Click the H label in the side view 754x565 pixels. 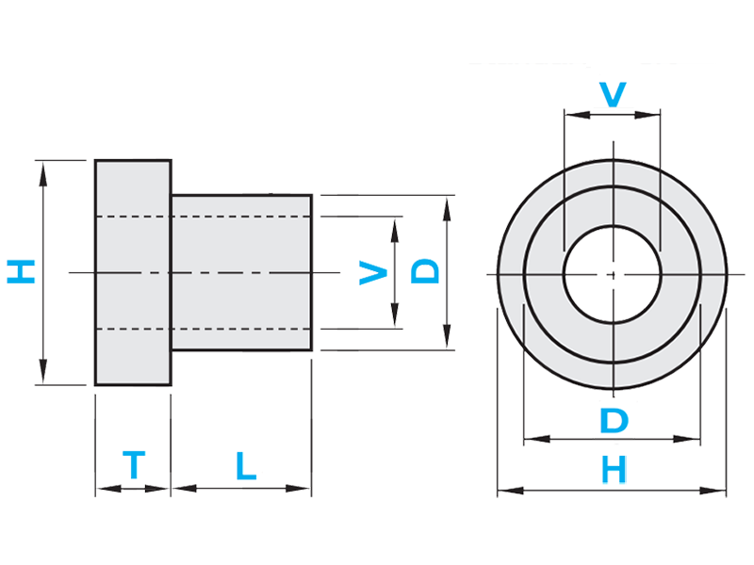[x=21, y=273]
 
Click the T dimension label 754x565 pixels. [x=134, y=464]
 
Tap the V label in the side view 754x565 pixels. [x=373, y=274]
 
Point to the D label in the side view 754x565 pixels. [x=427, y=273]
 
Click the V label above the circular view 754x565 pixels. [x=613, y=93]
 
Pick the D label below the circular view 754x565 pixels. [x=613, y=420]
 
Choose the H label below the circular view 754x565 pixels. [x=614, y=470]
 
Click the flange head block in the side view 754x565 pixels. [x=132, y=273]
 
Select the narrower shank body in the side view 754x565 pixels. [x=241, y=273]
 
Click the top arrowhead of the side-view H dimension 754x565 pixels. [x=41, y=168]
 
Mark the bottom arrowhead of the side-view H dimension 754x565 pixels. [x=41, y=379]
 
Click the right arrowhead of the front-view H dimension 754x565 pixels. [x=721, y=491]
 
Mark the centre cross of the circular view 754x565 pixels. [x=613, y=274]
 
